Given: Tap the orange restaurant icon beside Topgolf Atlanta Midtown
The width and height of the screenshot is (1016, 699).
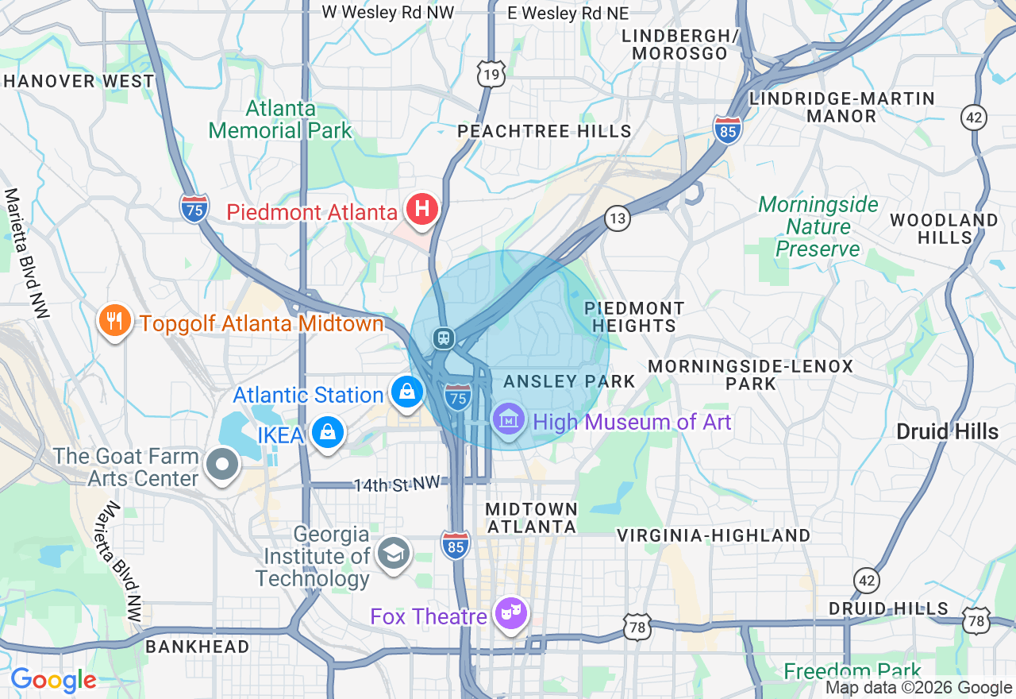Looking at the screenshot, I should (x=115, y=321).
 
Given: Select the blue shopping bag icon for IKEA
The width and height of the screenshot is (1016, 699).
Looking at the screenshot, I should (x=327, y=432).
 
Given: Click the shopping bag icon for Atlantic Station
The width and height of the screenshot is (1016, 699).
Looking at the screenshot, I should (x=406, y=392).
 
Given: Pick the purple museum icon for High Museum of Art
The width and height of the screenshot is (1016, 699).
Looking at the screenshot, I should (x=508, y=419).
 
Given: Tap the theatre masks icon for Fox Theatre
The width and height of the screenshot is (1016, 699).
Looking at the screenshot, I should (x=512, y=612).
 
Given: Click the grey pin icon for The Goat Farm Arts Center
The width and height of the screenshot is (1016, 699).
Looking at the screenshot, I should (x=222, y=465).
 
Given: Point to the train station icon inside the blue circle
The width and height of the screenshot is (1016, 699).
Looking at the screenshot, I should (x=443, y=338).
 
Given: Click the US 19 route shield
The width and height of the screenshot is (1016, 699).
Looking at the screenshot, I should (x=491, y=73).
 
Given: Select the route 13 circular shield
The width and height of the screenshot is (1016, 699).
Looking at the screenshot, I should (x=617, y=218).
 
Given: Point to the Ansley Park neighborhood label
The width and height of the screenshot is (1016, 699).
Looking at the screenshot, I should (x=569, y=381).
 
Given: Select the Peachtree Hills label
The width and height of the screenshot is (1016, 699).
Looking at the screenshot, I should (x=545, y=131).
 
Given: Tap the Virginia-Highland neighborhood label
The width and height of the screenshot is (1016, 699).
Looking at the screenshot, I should (x=714, y=535).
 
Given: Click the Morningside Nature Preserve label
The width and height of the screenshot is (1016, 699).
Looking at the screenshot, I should (x=818, y=227).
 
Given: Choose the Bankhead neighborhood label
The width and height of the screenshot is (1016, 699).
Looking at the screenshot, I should (x=198, y=647).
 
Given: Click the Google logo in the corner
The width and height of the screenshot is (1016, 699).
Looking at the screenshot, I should (x=53, y=680).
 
